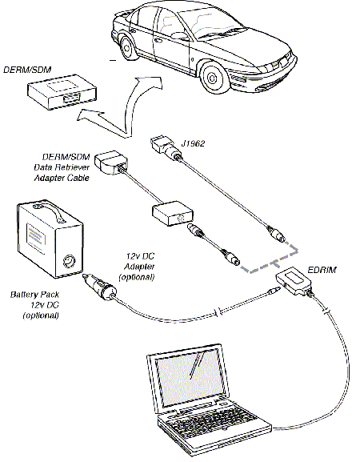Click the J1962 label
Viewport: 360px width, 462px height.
(193, 143)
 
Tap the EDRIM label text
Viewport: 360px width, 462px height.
(322, 270)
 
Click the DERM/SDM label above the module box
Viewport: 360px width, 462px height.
(27, 70)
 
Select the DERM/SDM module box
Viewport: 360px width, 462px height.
(62, 91)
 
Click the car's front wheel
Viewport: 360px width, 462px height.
(212, 78)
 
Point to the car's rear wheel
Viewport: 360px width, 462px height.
(127, 47)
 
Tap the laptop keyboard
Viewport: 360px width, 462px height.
(213, 420)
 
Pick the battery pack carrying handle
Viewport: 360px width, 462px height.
(49, 210)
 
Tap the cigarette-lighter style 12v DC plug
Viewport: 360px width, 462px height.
(99, 287)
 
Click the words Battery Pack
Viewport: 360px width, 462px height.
(34, 295)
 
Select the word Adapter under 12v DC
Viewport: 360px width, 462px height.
(139, 267)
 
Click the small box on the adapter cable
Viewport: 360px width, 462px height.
(173, 213)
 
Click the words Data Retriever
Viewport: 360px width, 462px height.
(62, 167)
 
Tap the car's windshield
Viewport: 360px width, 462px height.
(218, 24)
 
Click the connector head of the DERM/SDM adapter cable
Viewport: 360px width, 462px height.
(111, 163)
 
